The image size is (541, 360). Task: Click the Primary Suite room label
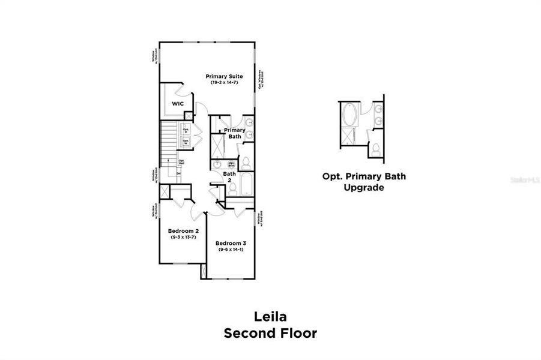(x=224, y=76)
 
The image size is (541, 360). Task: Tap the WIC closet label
(x=178, y=104)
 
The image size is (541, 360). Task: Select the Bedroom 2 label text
(x=183, y=230)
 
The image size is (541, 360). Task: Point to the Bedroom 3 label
(x=231, y=243)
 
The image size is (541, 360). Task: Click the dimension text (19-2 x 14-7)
(x=224, y=83)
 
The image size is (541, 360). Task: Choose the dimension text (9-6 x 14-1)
(x=231, y=250)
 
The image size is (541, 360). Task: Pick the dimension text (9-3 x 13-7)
(x=183, y=237)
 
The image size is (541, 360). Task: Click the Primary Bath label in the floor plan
(x=234, y=133)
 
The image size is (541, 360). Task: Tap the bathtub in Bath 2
(x=246, y=181)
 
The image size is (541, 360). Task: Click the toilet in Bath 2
(x=232, y=188)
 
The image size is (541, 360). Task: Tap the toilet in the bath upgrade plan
(x=375, y=149)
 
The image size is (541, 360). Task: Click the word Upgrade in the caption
(x=363, y=187)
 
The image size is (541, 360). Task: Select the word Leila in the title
(x=270, y=316)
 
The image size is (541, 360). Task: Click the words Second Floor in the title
(x=270, y=333)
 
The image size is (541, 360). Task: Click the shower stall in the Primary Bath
(x=217, y=144)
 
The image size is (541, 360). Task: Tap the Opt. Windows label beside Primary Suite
(x=261, y=80)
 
